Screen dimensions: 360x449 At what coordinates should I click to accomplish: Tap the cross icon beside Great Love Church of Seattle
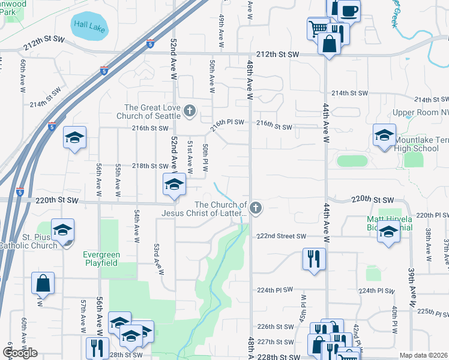coord(190,110)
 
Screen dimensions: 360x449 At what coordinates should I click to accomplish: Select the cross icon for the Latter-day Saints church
coord(256,208)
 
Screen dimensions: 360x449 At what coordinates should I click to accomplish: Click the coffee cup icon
coord(349,10)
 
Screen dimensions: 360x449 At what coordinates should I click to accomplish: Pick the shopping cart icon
coord(318,28)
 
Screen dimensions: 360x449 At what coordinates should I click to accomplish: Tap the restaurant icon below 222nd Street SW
coord(314,259)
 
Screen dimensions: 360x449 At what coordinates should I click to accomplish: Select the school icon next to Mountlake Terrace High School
coord(384,136)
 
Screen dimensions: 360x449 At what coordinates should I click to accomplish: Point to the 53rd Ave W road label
coord(159,259)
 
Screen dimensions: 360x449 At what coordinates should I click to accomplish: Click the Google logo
coord(20,353)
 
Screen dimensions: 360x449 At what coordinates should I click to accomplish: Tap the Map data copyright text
coord(424,355)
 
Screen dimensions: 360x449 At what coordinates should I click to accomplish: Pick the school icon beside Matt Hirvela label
coord(388,232)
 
